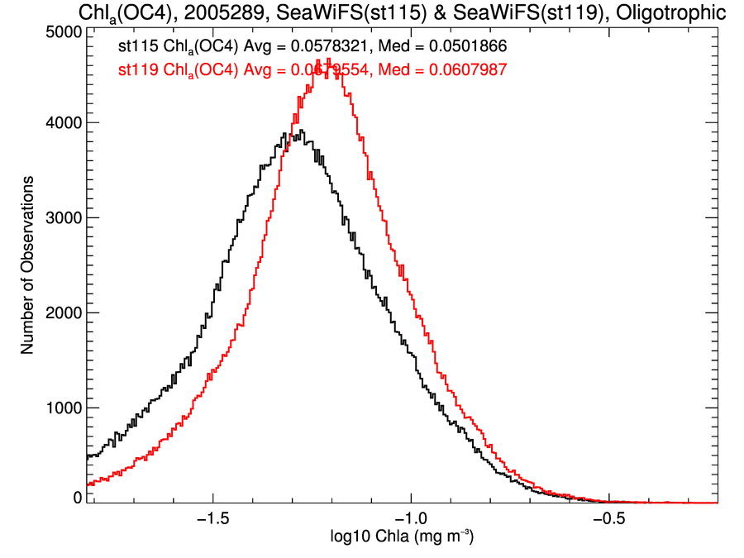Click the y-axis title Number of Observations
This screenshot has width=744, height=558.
(27, 265)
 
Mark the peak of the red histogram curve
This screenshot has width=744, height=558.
(329, 59)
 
